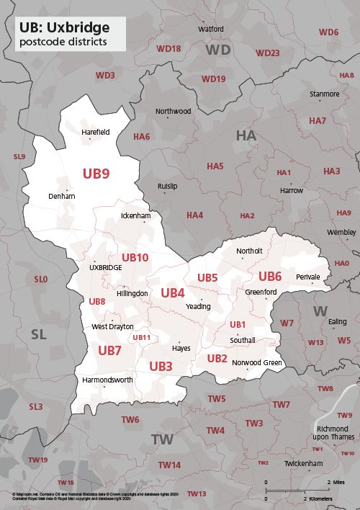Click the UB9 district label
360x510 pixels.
coord(96,174)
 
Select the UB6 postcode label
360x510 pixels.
coord(270,277)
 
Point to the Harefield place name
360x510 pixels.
coord(96,133)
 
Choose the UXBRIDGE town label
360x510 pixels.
coord(105,267)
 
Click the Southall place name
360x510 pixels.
coord(243,340)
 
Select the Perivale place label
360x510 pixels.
coord(307,277)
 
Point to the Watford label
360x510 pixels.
coord(210,29)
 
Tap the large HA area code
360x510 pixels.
coord(246,135)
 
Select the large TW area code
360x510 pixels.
coord(162,439)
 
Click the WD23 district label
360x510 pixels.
coord(268,53)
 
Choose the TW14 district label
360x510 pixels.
coord(169,465)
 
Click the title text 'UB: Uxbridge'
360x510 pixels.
coord(65,27)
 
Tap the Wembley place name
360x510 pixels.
coord(341,233)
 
